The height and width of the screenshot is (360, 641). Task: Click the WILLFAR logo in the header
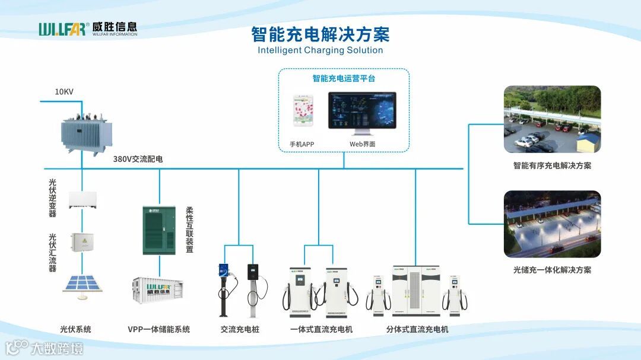88,28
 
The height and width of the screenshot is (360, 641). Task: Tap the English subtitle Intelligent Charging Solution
320,50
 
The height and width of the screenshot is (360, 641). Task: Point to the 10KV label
64,92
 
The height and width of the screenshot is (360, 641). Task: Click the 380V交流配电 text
138,159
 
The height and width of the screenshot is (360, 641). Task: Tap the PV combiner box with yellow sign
82,241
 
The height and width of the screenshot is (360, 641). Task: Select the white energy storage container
157,291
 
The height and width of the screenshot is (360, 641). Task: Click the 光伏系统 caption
75,329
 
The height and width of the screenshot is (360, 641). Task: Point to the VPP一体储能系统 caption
158,329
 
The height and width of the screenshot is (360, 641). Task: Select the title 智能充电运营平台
344,78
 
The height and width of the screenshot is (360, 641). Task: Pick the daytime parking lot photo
552,119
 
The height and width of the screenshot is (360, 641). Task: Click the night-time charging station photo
552,224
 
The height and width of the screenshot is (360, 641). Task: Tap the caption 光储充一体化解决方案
552,270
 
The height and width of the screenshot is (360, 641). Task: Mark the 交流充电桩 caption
240,329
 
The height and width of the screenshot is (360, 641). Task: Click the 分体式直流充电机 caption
417,329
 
